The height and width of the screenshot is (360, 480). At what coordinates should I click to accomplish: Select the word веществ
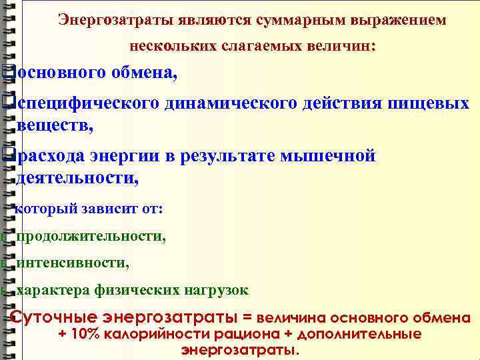(x=53, y=124)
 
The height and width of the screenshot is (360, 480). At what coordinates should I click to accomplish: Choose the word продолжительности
(x=91, y=236)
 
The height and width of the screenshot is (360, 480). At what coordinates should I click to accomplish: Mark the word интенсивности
(x=72, y=263)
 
